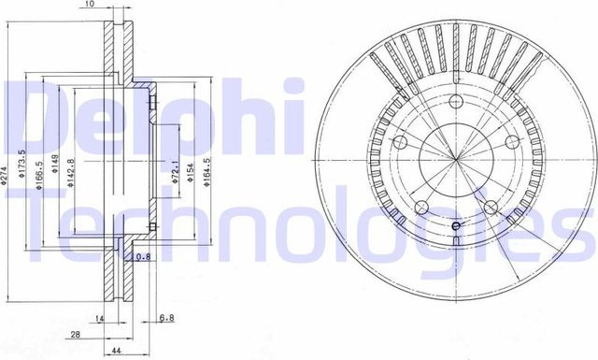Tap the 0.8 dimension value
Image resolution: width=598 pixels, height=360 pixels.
[x=143, y=257]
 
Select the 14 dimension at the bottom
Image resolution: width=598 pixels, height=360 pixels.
[x=98, y=318]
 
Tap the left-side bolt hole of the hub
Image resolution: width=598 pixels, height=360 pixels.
[x=400, y=143]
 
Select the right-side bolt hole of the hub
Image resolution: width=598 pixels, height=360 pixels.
[x=512, y=141]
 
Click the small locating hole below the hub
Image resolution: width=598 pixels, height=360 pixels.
[x=456, y=226]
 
